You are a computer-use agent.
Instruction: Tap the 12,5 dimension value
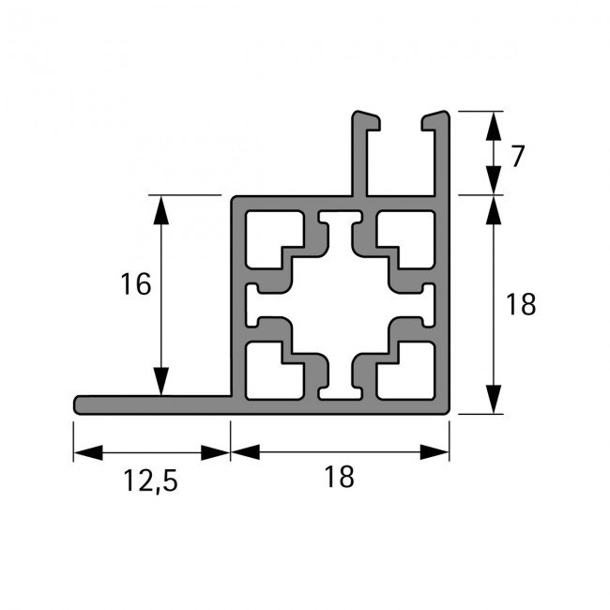point(150,481)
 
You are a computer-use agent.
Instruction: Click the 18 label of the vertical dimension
point(519,304)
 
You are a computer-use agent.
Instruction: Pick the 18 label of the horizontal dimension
point(340,478)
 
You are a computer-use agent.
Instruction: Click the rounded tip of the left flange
point(79,404)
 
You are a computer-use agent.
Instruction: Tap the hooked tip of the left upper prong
point(370,119)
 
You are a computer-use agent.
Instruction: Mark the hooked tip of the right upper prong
point(434,119)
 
